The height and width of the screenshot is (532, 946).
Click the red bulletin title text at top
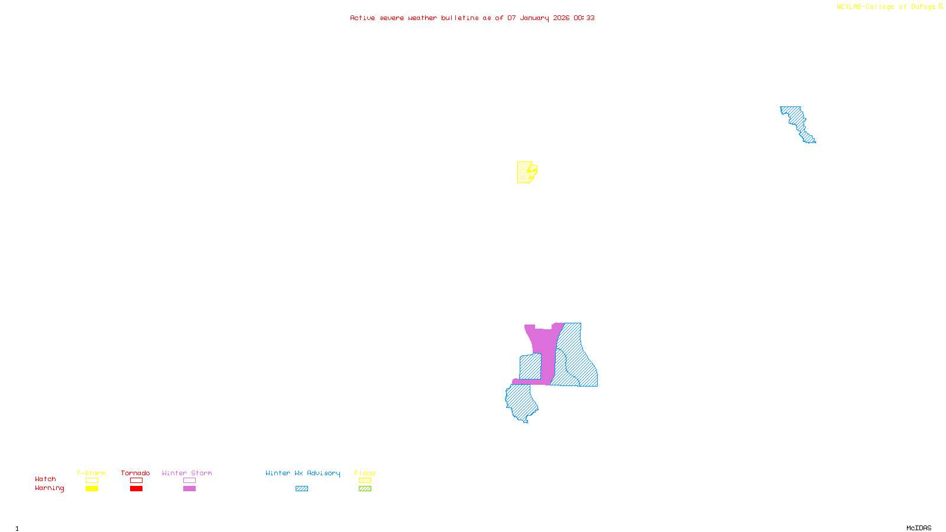[x=472, y=18]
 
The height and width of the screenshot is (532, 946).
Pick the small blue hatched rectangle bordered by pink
[x=530, y=366]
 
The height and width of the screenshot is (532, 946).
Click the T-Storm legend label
[x=91, y=473]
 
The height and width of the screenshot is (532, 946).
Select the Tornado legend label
[x=135, y=473]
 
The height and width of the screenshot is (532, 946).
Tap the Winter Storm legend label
[x=187, y=473]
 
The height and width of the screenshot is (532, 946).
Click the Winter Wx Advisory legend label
[x=303, y=473]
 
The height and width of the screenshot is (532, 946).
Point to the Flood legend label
[x=365, y=473]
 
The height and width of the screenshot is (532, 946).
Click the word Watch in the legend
[x=46, y=479]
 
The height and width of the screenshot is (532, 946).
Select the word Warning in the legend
[x=50, y=488]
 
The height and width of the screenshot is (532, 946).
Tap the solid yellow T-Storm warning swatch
[x=92, y=489]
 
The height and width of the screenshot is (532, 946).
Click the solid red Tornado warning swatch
[x=137, y=489]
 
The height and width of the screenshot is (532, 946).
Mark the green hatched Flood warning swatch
[x=365, y=489]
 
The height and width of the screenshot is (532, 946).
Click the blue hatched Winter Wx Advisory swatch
[x=302, y=489]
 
